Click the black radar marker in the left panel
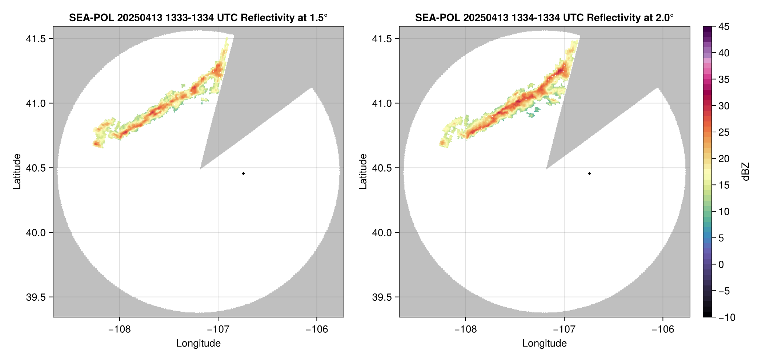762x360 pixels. pyautogui.click(x=243, y=173)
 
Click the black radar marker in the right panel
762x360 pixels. pyautogui.click(x=589, y=173)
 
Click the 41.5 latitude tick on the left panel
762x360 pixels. pyautogui.click(x=36, y=39)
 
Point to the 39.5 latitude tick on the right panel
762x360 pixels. pyautogui.click(x=382, y=297)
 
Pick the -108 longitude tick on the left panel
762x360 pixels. pyautogui.click(x=119, y=329)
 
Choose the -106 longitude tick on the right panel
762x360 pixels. pyautogui.click(x=663, y=329)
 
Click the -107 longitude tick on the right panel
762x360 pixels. pyautogui.click(x=564, y=329)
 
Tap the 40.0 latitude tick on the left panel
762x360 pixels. pyautogui.click(x=36, y=233)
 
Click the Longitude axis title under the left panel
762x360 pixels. pyautogui.click(x=198, y=343)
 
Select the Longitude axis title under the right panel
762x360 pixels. pyautogui.click(x=545, y=343)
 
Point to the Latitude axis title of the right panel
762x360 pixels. pyautogui.click(x=363, y=171)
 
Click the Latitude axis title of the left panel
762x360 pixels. pyautogui.click(x=17, y=171)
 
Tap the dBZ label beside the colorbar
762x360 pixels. pyautogui.click(x=746, y=172)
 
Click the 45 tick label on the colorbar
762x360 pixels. pyautogui.click(x=724, y=27)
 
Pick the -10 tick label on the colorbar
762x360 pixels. pyautogui.click(x=727, y=317)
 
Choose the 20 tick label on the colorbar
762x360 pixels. pyautogui.click(x=724, y=159)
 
